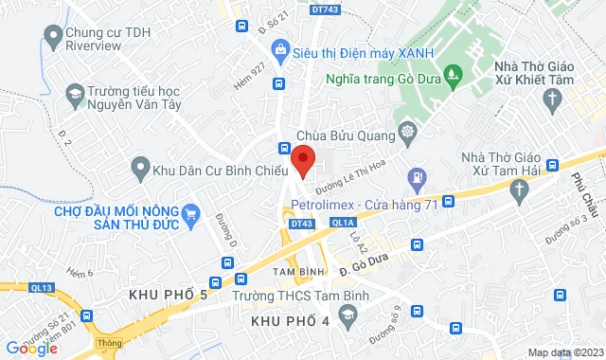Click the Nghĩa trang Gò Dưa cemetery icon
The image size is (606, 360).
point(453,74)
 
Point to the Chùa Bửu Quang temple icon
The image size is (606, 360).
point(408,131)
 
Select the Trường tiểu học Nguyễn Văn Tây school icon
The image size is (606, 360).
point(74,95)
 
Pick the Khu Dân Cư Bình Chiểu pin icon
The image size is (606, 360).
point(140,171)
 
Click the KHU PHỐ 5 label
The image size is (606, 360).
point(169,297)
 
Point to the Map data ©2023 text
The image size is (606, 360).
point(563,352)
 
